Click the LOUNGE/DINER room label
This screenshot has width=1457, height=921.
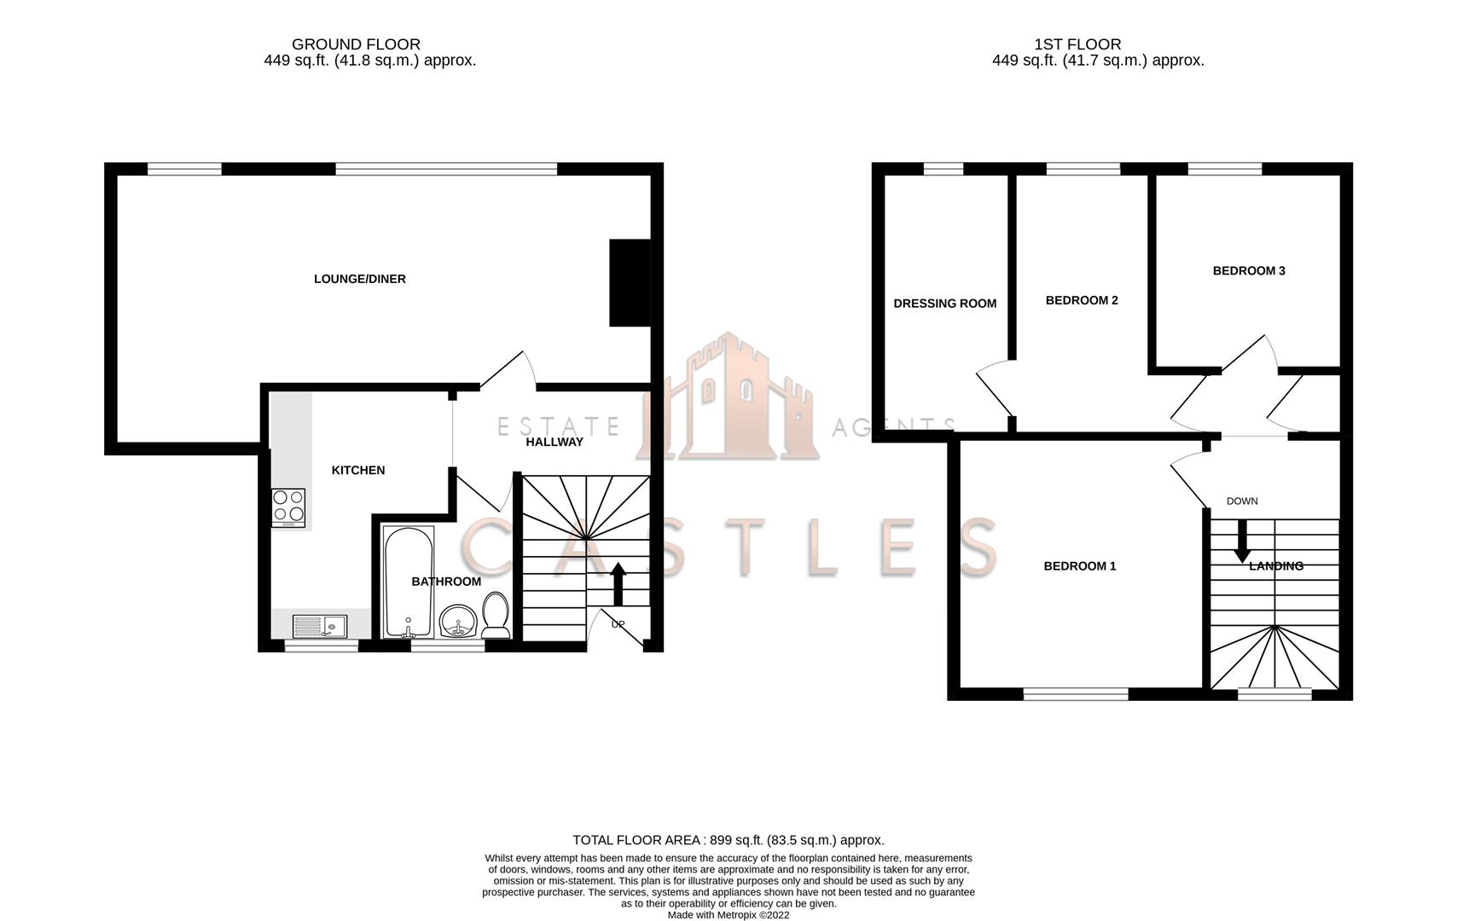click(359, 279)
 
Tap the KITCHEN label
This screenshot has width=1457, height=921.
click(358, 470)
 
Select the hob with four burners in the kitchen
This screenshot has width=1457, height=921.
click(288, 507)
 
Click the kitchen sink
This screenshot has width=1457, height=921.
click(319, 627)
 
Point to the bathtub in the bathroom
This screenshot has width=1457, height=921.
click(409, 582)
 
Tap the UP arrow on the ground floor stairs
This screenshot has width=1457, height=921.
click(619, 583)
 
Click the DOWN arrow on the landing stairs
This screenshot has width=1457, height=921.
click(1242, 541)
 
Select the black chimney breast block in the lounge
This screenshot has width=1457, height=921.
click(630, 282)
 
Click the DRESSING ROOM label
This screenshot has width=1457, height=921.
click(944, 304)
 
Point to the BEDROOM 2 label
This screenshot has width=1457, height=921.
click(1082, 300)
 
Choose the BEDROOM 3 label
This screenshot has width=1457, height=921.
click(1249, 271)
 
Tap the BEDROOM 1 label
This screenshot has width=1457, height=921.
click(1080, 566)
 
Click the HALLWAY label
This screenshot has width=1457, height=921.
click(554, 442)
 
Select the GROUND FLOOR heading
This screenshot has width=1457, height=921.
click(356, 44)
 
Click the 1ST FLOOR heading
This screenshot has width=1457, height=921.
click(1077, 44)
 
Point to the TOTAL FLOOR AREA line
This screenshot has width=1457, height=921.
click(728, 840)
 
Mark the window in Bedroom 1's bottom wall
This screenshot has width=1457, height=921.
click(1076, 694)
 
